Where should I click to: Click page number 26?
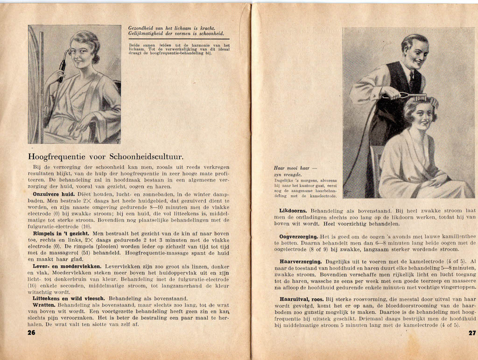tap(32, 333)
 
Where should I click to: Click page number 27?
tap(471, 333)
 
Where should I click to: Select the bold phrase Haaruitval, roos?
tap(302, 299)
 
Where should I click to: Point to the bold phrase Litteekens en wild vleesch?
tap(70, 298)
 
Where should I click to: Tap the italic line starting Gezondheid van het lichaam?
tap(171, 28)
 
